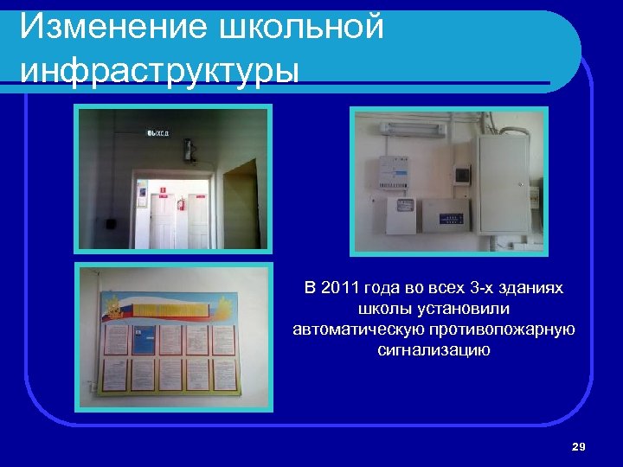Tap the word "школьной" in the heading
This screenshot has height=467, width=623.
304,27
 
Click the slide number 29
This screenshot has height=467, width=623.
579,446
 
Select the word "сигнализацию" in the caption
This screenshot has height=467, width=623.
434,350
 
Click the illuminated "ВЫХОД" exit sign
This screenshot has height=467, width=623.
157,133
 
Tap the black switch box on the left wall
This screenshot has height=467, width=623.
111,222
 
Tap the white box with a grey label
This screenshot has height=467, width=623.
402,212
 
